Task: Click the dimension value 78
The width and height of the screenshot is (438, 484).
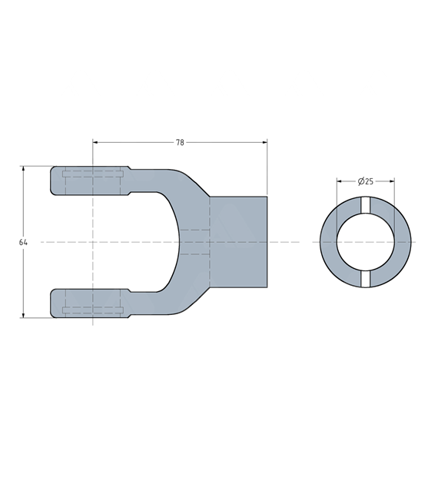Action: click(x=180, y=142)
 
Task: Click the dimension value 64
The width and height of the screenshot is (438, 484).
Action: click(x=23, y=242)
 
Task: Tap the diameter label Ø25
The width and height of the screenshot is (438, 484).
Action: click(x=366, y=181)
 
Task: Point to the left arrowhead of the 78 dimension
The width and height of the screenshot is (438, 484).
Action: click(x=95, y=142)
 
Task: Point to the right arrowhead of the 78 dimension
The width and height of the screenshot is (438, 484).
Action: click(x=264, y=142)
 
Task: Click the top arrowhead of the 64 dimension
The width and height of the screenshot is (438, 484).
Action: click(x=23, y=169)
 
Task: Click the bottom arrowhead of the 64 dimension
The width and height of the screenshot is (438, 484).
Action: click(x=23, y=315)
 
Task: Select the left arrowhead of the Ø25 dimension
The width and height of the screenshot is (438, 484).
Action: click(x=339, y=181)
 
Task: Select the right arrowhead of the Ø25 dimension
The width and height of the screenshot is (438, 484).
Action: click(x=392, y=181)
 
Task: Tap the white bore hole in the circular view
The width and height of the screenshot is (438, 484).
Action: click(x=366, y=242)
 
